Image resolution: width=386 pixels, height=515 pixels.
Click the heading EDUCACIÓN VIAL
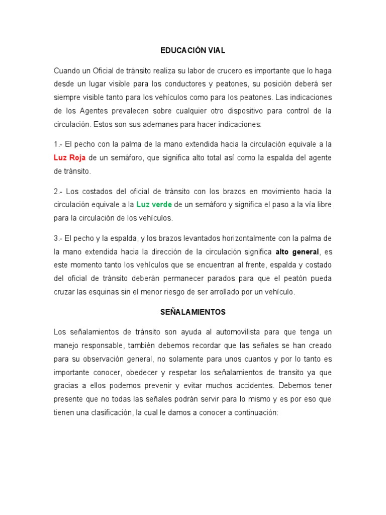tap(193, 50)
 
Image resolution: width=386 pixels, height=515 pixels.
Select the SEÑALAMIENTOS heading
tap(193, 312)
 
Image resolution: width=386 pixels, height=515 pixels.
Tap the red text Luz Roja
tap(70, 158)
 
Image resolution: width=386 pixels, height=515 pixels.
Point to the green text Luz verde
tap(154, 205)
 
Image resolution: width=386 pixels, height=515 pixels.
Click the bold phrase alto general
tap(297, 251)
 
